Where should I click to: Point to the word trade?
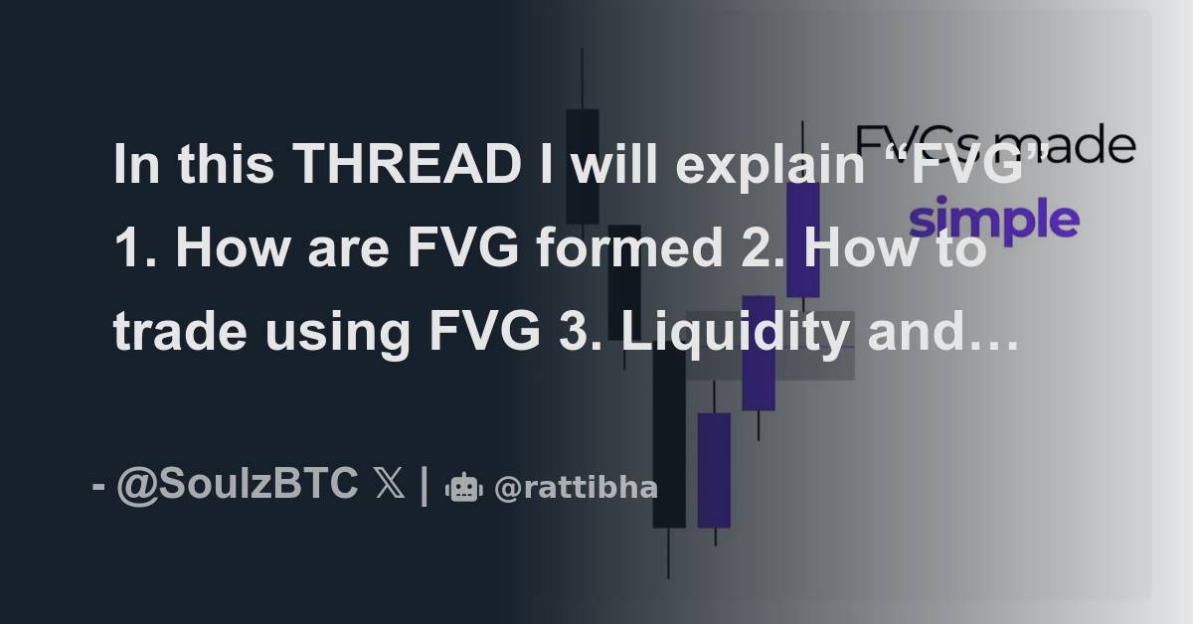(x=179, y=333)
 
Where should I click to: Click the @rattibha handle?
(x=576, y=488)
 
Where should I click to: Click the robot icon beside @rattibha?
(x=464, y=488)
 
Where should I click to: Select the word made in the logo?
(x=1084, y=147)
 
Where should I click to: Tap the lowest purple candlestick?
(x=714, y=469)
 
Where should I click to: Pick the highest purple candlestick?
(x=802, y=238)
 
